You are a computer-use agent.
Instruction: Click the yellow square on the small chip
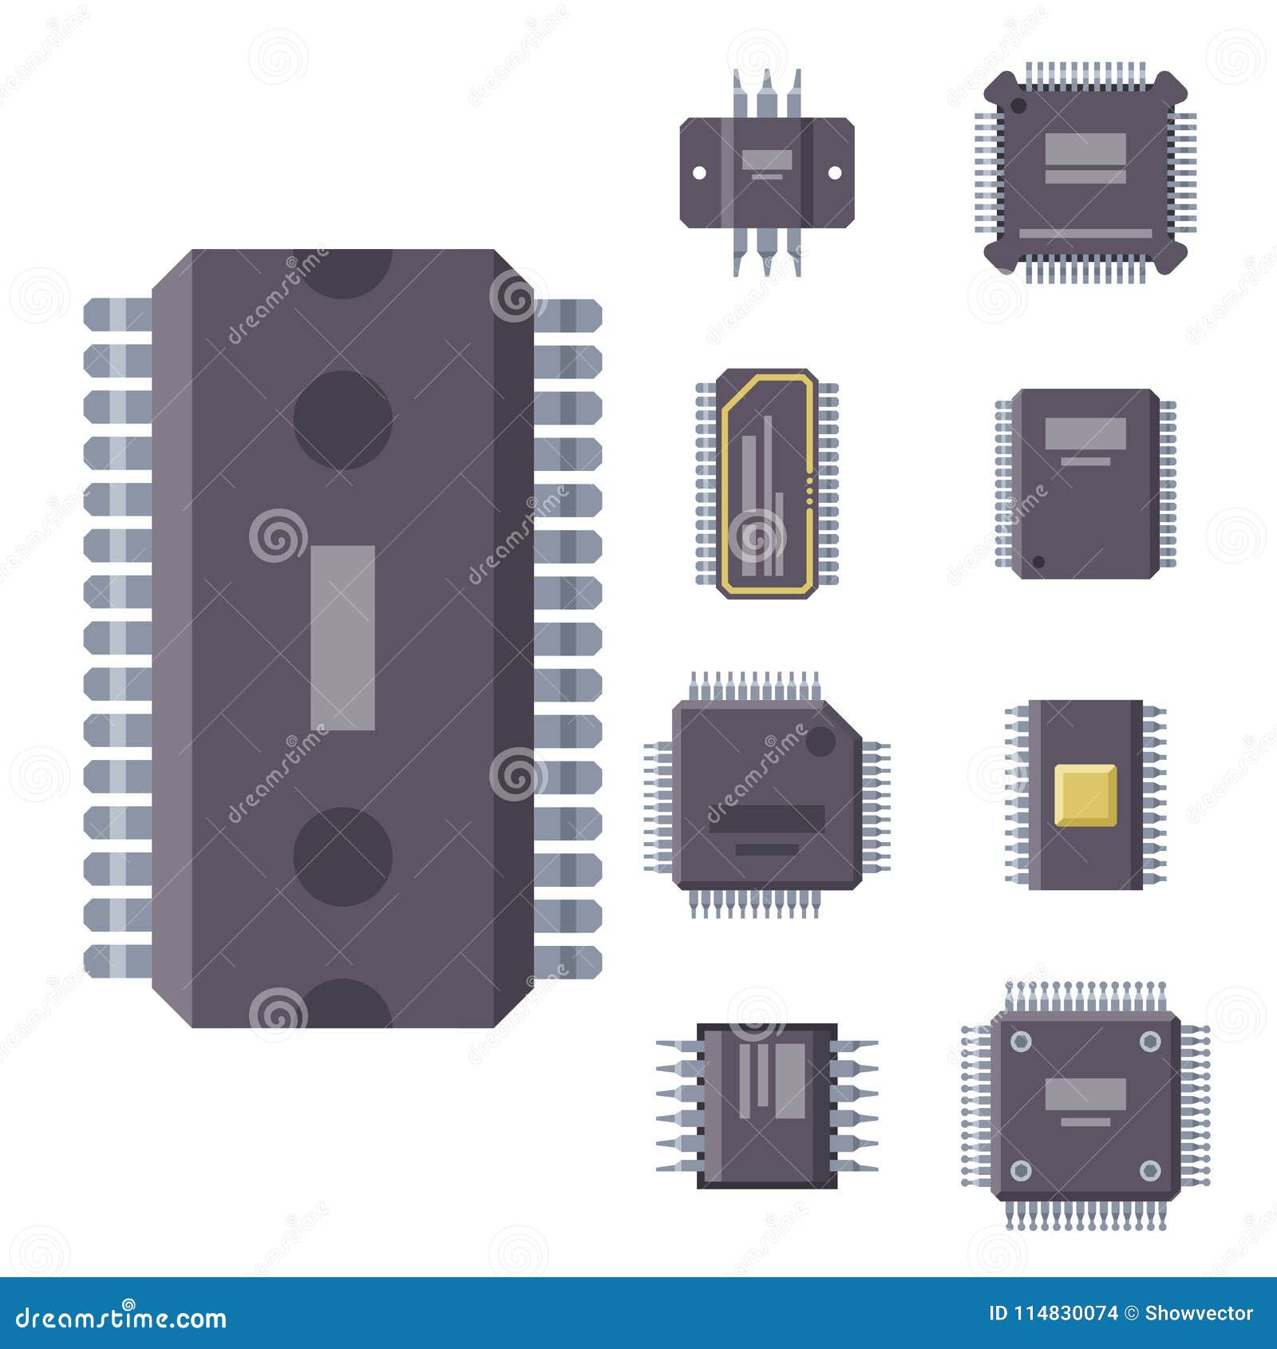pos(1085,794)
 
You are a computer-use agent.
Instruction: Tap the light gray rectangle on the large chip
pos(342,638)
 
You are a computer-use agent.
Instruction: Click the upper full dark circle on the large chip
pos(342,419)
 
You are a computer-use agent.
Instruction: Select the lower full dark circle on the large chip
pos(342,856)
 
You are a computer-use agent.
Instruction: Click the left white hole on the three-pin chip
pos(698,172)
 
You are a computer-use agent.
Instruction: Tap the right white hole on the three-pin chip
pos(834,172)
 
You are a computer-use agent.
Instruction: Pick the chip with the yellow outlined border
pos(767,483)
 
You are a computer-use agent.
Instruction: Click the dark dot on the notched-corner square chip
pos(820,742)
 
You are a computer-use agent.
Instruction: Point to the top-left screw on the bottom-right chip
pos(1020,1041)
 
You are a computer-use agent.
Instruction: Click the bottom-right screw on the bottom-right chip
pos(1149,1171)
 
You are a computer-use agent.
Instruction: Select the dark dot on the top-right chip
pos(1018,105)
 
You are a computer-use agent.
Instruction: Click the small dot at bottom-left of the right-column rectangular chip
pos(1038,562)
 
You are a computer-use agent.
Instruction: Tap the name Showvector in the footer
pos(1199,1313)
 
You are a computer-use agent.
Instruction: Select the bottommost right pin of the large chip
pos(567,962)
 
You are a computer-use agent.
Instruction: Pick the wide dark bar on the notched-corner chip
pos(766,819)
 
